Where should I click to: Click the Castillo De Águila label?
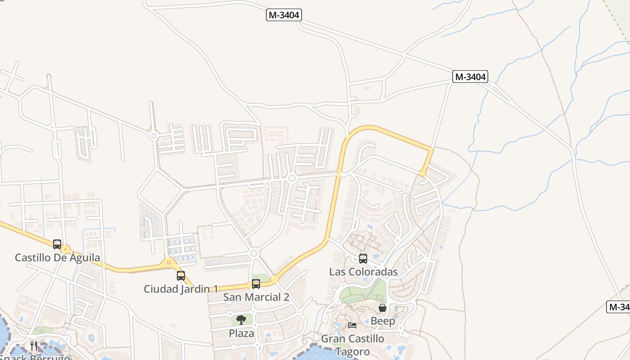click(58, 258)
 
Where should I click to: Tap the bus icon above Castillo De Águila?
click(57, 244)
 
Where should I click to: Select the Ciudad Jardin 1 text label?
click(181, 289)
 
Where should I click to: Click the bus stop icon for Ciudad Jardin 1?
click(181, 276)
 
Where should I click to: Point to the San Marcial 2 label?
click(256, 297)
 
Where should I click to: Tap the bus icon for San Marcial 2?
click(256, 284)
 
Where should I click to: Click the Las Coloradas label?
click(363, 272)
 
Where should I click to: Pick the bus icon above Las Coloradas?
click(363, 259)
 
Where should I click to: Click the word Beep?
click(382, 321)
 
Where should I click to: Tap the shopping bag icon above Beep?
click(382, 308)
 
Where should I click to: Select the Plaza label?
click(241, 333)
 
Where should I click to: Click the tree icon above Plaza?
click(241, 320)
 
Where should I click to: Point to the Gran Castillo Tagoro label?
click(352, 345)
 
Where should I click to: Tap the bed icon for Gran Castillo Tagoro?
click(352, 325)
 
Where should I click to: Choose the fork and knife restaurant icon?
click(34, 346)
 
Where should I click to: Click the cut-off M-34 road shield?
click(619, 307)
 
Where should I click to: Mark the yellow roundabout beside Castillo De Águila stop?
click(66, 249)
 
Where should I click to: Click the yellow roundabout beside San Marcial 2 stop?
click(274, 279)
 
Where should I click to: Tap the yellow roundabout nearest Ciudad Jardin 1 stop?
click(169, 262)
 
